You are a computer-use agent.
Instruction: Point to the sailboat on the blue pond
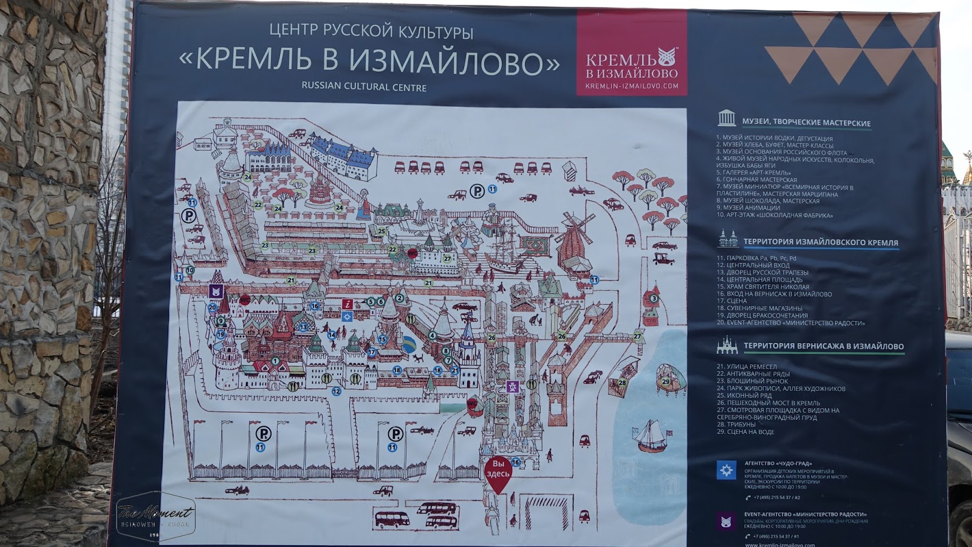coord(651,435)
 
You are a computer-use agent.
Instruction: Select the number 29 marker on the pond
coord(666,381)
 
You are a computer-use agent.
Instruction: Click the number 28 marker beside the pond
coord(622,382)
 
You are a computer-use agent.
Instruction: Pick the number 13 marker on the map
coord(303,327)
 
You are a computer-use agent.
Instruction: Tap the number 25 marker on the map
coord(382,231)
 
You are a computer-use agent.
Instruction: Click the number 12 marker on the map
coord(337,392)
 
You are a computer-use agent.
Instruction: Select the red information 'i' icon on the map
coord(347,305)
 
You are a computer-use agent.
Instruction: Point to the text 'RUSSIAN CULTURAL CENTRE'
coord(364,87)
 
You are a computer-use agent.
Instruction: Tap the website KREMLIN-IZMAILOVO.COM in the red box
coord(631,86)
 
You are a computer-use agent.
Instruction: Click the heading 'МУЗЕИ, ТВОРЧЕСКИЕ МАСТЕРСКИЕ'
coord(806,123)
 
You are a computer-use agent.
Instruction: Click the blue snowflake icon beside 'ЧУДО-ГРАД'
coord(726,470)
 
